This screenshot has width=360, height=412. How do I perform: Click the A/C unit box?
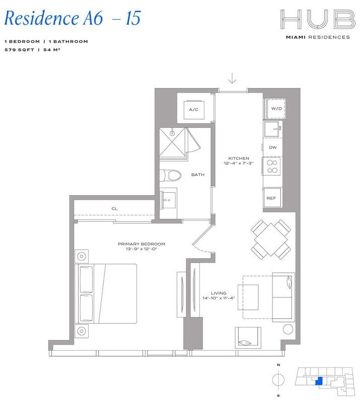pyautogui.click(x=193, y=109)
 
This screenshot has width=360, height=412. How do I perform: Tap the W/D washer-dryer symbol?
pyautogui.click(x=276, y=109)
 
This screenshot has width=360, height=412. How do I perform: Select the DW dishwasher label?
pyautogui.click(x=272, y=147)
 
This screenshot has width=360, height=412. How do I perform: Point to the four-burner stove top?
pyautogui.click(x=272, y=167)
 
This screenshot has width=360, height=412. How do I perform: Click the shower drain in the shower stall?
pyautogui.click(x=172, y=134)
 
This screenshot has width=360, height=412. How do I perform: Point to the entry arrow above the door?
pyautogui.click(x=232, y=78)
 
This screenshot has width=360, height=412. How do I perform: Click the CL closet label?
pyautogui.click(x=114, y=209)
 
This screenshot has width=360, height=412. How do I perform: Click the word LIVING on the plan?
pyautogui.click(x=219, y=293)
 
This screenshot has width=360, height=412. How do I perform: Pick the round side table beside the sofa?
pyautogui.click(x=287, y=329)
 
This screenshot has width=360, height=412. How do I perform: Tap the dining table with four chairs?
pyautogui.click(x=272, y=239)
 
